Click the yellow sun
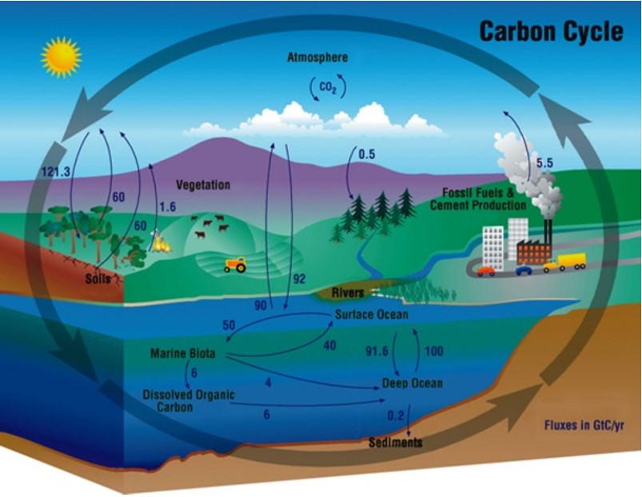pos(61,57)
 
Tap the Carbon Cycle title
pos(551,31)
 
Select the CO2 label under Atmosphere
pos(328,88)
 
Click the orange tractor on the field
pos(235,264)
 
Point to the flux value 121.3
pos(56,172)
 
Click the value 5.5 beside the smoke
pos(544,163)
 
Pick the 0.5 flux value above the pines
pos(367,154)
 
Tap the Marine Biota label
pos(182,353)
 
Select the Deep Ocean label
pos(413,384)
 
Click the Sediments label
pos(396,442)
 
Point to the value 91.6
pos(377,351)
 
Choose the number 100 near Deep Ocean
pos(434,351)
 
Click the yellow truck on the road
pos(564,262)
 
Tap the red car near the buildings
pos(486,271)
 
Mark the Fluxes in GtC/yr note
pos(584,425)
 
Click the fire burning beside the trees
pos(161,242)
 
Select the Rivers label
pos(348,293)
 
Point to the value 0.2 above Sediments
pos(396,415)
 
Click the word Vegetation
pos(203,185)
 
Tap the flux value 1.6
pos(167,207)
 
